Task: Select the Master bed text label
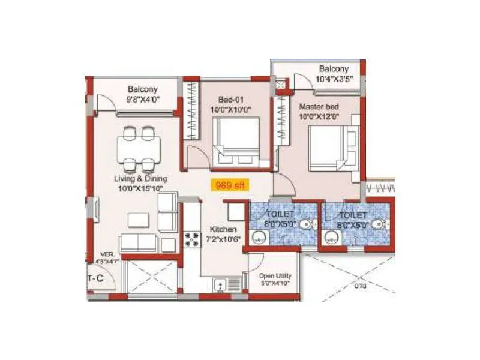tap(319, 106)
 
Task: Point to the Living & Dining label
tap(141, 179)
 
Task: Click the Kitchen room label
tap(223, 229)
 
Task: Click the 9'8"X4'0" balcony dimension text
tap(142, 100)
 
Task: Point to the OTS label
tap(360, 286)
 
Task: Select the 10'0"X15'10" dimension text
tap(141, 188)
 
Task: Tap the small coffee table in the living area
tap(137, 220)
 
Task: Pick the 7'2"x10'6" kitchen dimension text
tap(223, 238)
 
